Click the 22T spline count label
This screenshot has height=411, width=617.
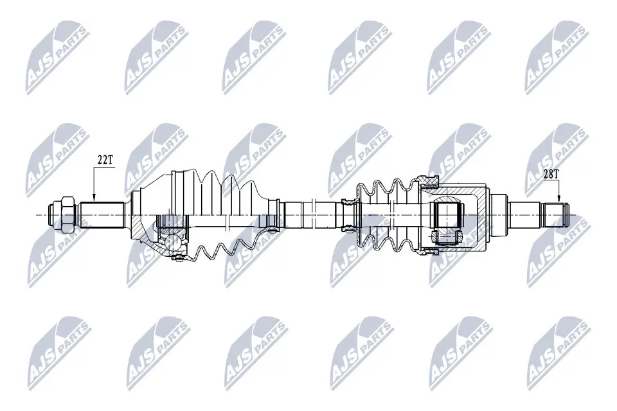(105, 159)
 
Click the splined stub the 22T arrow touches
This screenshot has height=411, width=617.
(102, 214)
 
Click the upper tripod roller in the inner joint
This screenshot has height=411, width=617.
(448, 213)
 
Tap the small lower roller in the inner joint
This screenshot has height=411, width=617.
(446, 238)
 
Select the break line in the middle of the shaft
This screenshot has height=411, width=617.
(310, 213)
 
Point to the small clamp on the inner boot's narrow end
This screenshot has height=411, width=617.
(348, 214)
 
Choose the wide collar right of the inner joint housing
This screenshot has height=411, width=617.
(499, 214)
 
